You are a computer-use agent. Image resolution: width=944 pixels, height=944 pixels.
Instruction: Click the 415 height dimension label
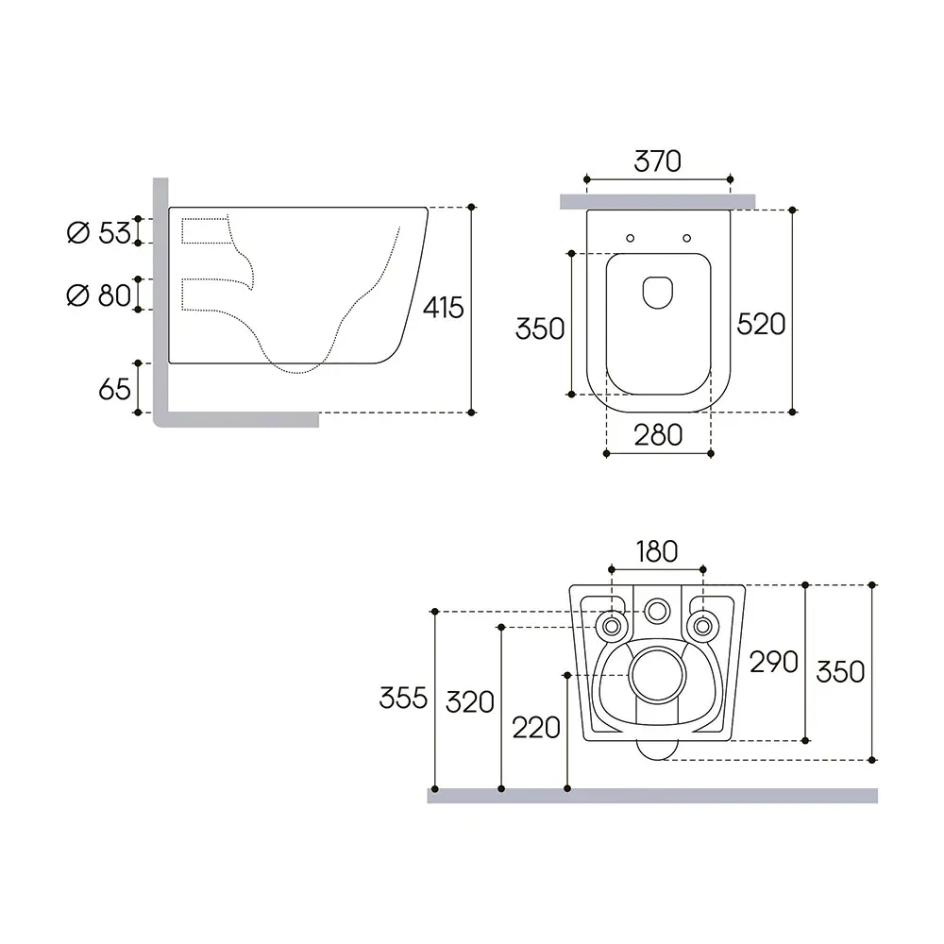click(443, 308)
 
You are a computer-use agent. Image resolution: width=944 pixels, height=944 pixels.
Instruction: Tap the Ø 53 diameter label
click(99, 232)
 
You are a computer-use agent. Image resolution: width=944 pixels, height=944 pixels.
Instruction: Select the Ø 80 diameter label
click(99, 295)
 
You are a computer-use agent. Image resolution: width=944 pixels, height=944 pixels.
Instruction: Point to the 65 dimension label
click(114, 389)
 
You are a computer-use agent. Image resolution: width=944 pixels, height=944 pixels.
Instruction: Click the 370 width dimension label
click(657, 161)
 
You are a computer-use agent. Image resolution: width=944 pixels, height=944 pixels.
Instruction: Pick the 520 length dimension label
click(761, 325)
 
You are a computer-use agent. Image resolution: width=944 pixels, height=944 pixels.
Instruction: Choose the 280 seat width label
click(658, 434)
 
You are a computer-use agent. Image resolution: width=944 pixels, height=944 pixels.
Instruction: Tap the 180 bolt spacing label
click(657, 551)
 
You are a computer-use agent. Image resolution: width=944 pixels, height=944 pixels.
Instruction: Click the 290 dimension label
click(774, 663)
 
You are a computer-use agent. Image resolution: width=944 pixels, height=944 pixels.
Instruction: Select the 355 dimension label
click(403, 698)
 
